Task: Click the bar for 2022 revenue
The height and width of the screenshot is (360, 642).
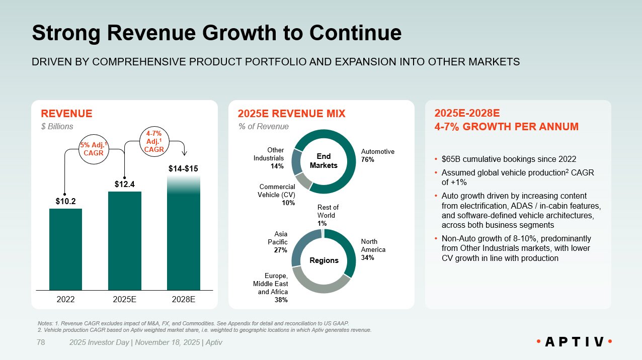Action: click(x=65, y=249)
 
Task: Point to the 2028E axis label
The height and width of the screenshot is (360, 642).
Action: click(x=183, y=299)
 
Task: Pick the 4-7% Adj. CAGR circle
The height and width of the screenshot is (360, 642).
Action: click(x=154, y=142)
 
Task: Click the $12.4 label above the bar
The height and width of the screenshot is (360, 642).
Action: click(x=124, y=185)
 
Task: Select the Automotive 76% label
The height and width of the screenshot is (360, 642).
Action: click(x=378, y=155)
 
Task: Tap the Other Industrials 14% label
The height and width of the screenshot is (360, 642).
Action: click(x=276, y=158)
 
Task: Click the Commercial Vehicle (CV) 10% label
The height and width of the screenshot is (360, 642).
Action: click(x=276, y=195)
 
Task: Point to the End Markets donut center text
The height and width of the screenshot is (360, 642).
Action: click(x=324, y=161)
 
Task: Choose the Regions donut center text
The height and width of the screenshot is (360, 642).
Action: click(x=324, y=260)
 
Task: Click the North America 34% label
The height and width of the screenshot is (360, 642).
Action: click(x=373, y=249)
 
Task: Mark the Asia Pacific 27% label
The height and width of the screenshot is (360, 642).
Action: click(x=280, y=242)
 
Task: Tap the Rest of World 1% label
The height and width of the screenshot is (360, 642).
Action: click(x=328, y=215)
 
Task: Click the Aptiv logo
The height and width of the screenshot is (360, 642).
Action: click(x=574, y=342)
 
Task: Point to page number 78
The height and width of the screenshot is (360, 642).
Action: click(x=41, y=342)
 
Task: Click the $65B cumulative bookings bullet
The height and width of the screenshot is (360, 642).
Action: click(x=508, y=159)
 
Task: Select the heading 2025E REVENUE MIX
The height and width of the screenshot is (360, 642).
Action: click(x=291, y=114)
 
